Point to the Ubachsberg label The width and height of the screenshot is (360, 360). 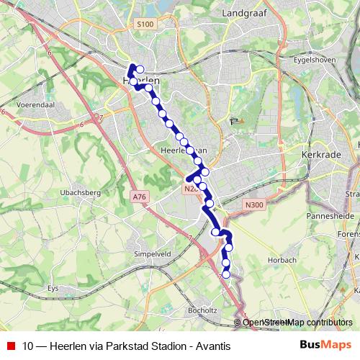point(80,193)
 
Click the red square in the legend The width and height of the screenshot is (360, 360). point(9,346)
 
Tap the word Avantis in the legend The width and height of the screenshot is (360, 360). point(213,346)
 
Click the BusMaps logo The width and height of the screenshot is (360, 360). point(326,346)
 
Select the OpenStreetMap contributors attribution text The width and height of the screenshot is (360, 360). point(296,323)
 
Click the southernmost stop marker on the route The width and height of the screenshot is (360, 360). point(226,274)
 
